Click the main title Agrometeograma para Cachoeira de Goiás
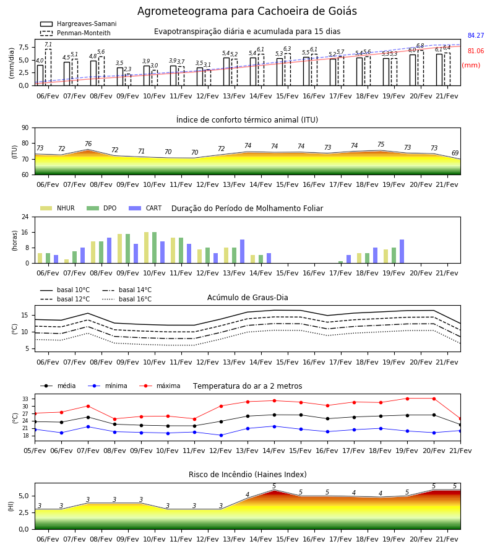pos(247,11)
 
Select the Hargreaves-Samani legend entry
pos(79,24)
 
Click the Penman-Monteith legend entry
pos(75,33)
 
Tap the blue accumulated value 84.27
pos(476,35)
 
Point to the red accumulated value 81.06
pos(476,51)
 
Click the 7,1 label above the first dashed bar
pos(48,45)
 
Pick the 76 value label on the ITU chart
pos(88,144)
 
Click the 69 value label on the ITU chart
pos(455,153)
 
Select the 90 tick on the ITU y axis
pos(25,128)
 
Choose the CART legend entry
pos(145,208)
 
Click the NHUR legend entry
pos(58,208)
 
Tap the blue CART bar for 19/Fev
pos(402,251)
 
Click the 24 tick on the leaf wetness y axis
pos(25,217)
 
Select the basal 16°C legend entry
pos(127,299)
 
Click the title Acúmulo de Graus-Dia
pos(247,297)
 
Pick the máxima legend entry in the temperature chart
pos(160,386)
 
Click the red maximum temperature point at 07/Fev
pos(88,406)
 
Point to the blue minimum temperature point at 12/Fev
pos(222,435)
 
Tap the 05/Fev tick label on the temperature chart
pos(35,451)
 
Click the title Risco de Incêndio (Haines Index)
pos(247,475)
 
